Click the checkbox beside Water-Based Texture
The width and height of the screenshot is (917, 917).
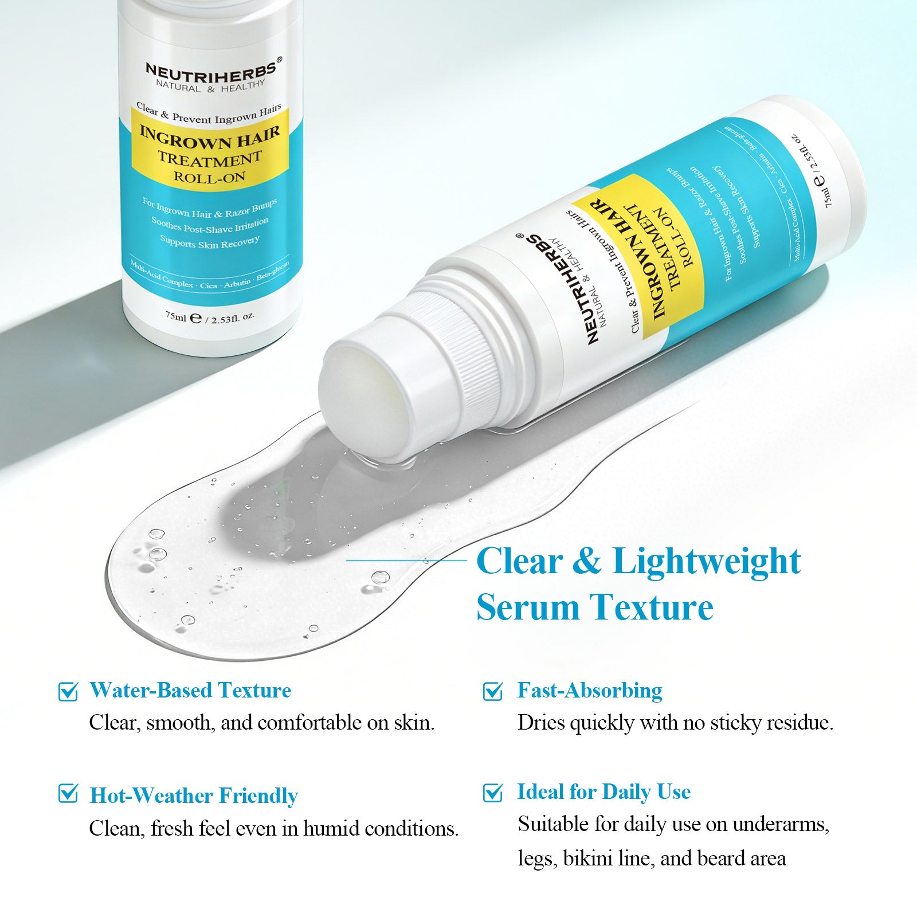[x=68, y=691]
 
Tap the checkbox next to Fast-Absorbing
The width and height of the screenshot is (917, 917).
[x=493, y=691]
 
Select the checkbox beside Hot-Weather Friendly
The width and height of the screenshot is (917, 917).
[x=68, y=794]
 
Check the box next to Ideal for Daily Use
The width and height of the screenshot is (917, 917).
[x=493, y=793]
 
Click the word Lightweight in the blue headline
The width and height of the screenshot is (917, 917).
[x=706, y=562]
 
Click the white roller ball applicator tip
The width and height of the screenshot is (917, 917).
[x=367, y=401]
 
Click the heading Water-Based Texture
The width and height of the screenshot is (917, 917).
[x=190, y=690]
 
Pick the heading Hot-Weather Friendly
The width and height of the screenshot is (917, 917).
[x=194, y=796]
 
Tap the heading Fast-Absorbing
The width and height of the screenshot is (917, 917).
[x=590, y=691]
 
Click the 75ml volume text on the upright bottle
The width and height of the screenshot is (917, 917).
[x=175, y=315]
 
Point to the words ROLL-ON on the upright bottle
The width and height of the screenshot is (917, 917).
[x=210, y=177]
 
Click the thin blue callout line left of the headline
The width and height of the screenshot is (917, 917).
[x=406, y=560]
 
